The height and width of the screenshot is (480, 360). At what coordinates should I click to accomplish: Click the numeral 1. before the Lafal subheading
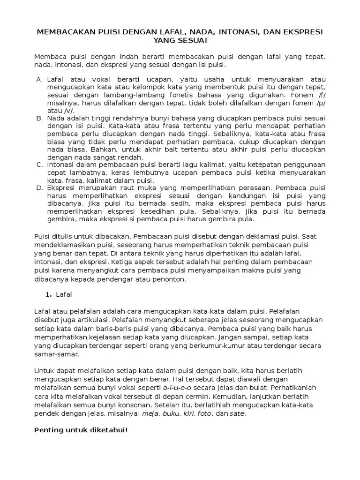pyautogui.click(x=48, y=294)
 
